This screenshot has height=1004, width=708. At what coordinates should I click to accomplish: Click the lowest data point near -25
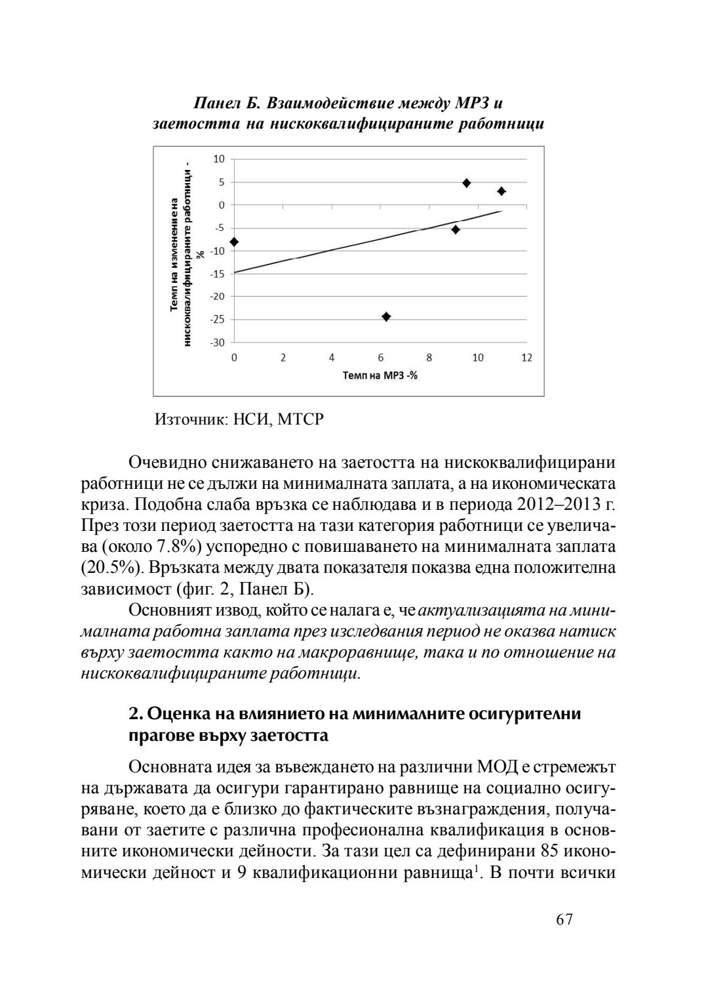(386, 317)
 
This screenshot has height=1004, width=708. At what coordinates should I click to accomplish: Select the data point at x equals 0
(234, 242)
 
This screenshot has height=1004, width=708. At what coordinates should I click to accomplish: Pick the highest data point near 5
(467, 183)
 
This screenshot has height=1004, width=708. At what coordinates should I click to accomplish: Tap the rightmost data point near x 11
(501, 191)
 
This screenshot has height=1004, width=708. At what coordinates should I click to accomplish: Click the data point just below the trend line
(456, 230)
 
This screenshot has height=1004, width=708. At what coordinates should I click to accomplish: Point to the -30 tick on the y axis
(217, 343)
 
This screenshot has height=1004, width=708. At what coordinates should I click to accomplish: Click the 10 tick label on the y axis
(219, 159)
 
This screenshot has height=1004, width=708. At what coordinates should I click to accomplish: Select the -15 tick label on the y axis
(217, 274)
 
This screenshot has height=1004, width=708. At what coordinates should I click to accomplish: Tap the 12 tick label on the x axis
(526, 358)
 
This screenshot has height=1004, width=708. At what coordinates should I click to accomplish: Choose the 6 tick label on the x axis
(380, 358)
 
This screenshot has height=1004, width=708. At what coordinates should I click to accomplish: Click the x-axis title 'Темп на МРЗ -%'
(380, 375)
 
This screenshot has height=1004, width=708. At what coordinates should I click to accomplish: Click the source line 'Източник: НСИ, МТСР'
(239, 419)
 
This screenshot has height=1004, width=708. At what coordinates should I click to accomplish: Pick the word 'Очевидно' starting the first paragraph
(168, 463)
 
